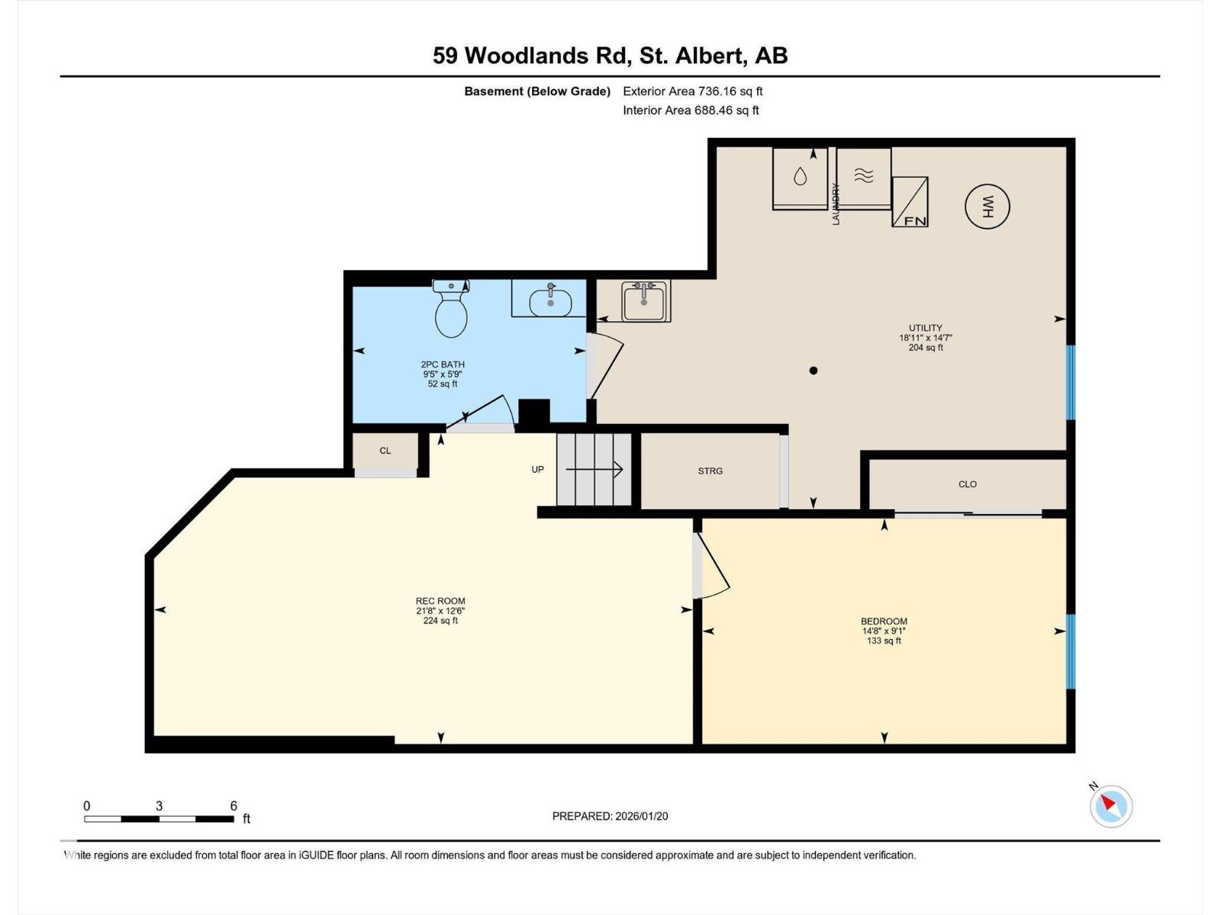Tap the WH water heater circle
point(987,206)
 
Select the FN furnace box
point(910,202)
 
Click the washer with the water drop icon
point(800,177)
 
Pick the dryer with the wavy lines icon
point(863,177)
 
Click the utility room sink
point(645,301)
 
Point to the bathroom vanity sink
point(549,299)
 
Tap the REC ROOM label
point(440,601)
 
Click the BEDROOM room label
point(884,621)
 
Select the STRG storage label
point(710,471)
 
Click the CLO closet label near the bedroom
point(967,484)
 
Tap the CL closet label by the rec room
point(385,451)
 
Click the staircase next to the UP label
point(594,470)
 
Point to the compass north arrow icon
point(1110,805)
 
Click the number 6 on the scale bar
point(234,806)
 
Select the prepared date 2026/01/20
point(640,816)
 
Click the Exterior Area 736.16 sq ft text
point(692,91)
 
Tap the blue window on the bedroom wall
point(1071,651)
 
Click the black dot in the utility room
point(813,371)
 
